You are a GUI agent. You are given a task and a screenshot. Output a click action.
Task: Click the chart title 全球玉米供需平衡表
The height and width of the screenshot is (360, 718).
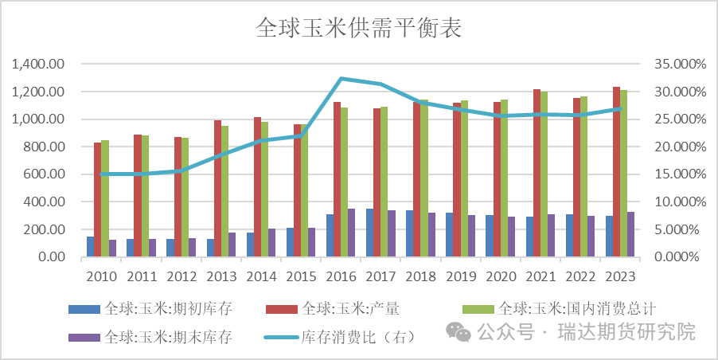(x=359, y=29)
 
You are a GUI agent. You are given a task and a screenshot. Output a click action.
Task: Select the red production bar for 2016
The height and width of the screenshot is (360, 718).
(x=337, y=179)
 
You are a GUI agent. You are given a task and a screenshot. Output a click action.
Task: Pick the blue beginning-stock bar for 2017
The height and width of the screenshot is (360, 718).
(x=370, y=233)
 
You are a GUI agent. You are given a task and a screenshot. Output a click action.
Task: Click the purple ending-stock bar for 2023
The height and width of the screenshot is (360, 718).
(x=631, y=234)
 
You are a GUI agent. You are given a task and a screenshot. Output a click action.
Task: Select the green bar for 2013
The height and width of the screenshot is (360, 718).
(x=224, y=191)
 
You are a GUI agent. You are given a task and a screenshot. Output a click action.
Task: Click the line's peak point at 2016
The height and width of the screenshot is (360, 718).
(x=341, y=78)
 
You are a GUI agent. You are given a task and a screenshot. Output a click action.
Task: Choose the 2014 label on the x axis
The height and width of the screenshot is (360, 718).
(x=262, y=276)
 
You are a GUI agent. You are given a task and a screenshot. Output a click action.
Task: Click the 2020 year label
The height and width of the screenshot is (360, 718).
(x=501, y=276)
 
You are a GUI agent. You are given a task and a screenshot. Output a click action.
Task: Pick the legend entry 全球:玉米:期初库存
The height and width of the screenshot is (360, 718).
(x=167, y=307)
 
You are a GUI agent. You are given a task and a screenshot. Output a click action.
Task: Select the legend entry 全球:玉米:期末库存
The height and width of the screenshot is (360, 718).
(x=167, y=336)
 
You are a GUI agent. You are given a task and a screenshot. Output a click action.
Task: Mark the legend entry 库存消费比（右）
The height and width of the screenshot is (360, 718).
(x=358, y=336)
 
